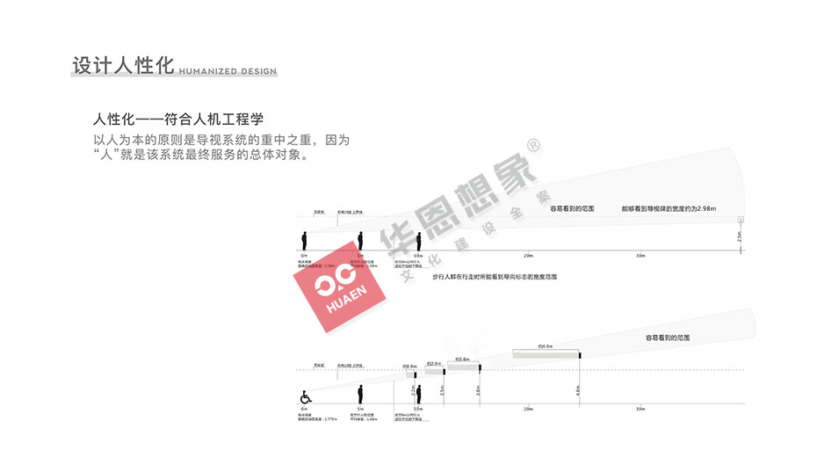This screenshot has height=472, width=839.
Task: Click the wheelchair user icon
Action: point(306,397)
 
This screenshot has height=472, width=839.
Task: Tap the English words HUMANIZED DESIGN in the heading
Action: point(228,71)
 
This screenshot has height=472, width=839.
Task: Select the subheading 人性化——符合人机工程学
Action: point(178,119)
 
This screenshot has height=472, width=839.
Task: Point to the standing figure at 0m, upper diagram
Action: point(305,240)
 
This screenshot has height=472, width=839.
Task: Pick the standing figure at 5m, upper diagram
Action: point(360,240)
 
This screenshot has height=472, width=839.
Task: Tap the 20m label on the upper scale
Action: point(528,256)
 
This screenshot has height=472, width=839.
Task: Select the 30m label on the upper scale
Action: point(640,256)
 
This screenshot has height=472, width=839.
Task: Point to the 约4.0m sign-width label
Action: point(545,346)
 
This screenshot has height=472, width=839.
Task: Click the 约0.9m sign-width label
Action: point(409,366)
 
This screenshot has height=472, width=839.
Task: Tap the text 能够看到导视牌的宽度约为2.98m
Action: point(669,208)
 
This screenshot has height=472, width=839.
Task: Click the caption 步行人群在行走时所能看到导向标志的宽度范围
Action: point(495,277)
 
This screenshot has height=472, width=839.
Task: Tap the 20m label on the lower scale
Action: point(528,409)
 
